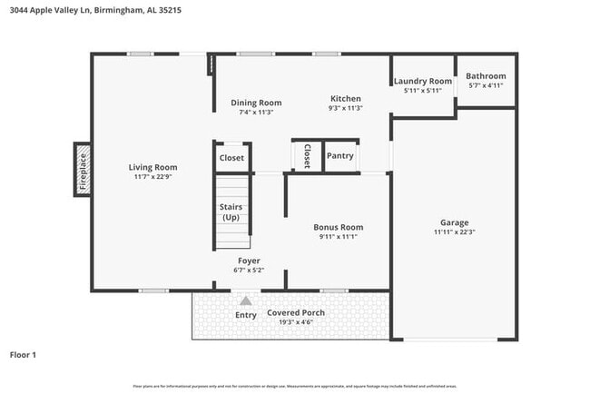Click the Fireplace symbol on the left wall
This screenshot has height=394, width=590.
click(82, 169)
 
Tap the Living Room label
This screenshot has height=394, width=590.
click(152, 167)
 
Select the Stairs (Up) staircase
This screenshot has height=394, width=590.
click(231, 213)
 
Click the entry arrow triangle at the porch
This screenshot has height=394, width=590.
click(246, 300)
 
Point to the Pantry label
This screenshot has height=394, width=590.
click(339, 156)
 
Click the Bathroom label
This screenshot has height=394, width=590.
click(486, 76)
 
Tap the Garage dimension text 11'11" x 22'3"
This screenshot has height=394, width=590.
click(454, 231)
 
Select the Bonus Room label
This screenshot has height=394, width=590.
click(339, 227)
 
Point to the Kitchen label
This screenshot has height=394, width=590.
click(345, 98)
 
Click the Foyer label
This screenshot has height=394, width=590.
click(248, 260)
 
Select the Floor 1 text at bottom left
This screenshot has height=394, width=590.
click(23, 354)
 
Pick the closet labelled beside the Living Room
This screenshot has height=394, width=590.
click(231, 157)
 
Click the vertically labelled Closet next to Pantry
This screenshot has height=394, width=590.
click(307, 155)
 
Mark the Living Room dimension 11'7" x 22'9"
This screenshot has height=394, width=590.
click(152, 177)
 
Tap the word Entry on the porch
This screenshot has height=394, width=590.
click(246, 315)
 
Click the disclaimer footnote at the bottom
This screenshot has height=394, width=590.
click(295, 387)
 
